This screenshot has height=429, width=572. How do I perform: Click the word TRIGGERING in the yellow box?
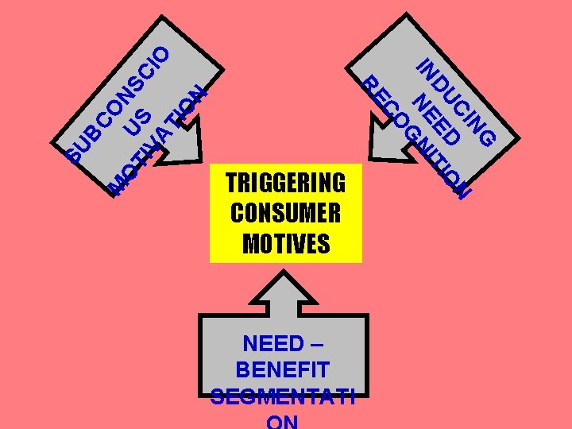[285, 184]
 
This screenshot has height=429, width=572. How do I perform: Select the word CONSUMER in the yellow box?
[285, 213]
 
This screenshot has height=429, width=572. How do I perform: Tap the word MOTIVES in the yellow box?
[285, 243]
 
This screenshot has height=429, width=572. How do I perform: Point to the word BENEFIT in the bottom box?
[283, 369]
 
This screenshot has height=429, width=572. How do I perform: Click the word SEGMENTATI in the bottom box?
[283, 396]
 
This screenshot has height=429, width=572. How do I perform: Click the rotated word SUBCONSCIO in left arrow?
[119, 103]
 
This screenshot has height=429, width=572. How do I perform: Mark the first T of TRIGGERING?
[232, 184]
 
